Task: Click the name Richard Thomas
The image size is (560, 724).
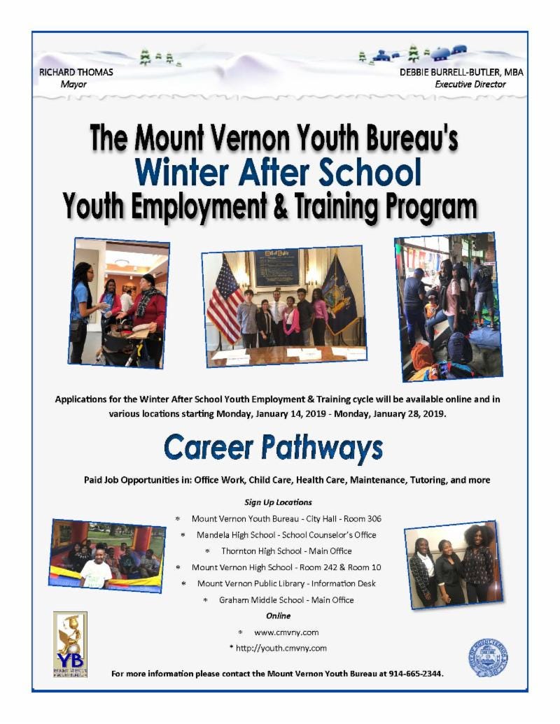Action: tap(77, 72)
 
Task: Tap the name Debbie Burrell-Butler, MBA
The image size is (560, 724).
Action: tap(461, 72)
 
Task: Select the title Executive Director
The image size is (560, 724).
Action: tap(470, 84)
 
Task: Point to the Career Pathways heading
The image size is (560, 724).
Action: tap(273, 448)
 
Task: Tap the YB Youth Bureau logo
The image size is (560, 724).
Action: tap(70, 644)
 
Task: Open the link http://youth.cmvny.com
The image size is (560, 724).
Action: tap(281, 648)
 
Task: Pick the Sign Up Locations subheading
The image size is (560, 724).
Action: tap(278, 502)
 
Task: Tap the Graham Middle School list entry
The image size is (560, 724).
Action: tap(286, 599)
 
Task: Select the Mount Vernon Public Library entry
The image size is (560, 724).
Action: tap(286, 583)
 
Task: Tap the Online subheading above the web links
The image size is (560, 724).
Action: tap(278, 616)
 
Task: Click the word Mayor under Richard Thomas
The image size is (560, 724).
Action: tap(73, 84)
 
